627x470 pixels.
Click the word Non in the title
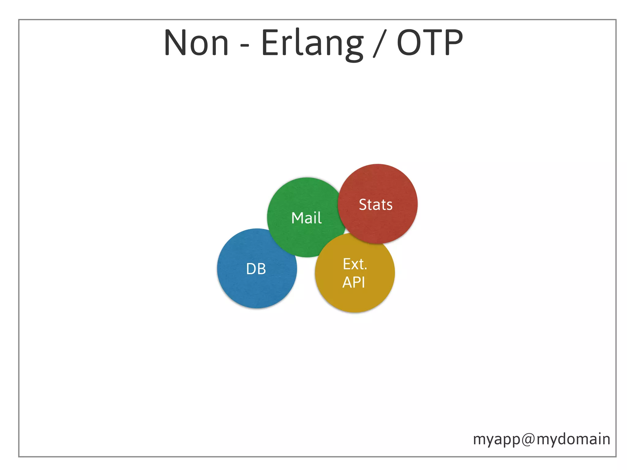(196, 43)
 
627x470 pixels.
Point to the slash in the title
(380, 43)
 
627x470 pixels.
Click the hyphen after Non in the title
(245, 46)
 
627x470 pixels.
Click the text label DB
(256, 269)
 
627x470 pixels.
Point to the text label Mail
(306, 218)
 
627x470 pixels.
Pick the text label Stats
(376, 205)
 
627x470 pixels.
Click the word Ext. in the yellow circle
(355, 264)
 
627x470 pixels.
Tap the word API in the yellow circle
(354, 282)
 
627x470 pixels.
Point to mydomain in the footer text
(573, 439)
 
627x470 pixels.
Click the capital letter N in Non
(176, 43)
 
